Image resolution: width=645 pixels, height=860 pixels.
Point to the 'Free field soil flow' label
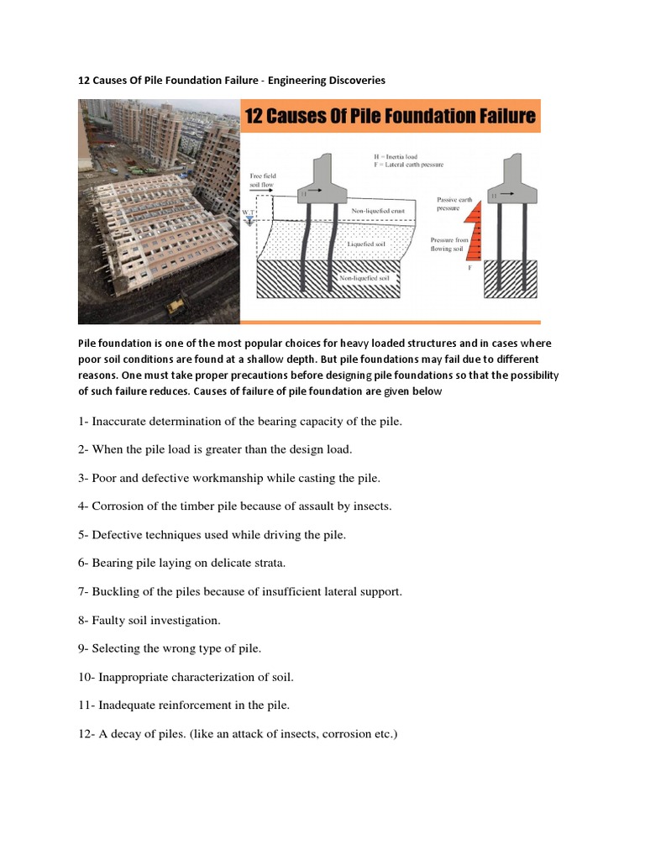[x=261, y=181]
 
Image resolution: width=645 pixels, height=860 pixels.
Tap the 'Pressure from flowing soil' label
[x=454, y=244]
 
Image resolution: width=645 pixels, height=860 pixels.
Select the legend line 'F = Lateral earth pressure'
[x=409, y=165]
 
